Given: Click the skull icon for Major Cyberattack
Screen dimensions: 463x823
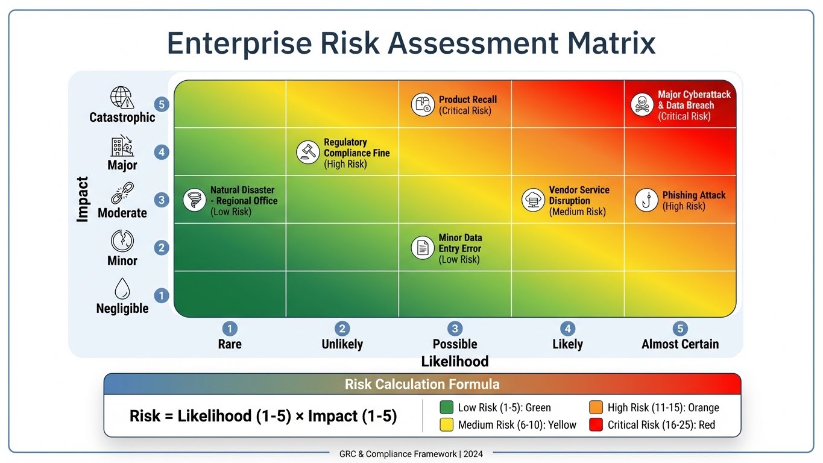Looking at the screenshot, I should [642, 104].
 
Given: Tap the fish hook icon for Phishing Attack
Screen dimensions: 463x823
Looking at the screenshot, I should [646, 200].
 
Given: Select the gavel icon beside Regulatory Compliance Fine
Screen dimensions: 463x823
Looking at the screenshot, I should [308, 153].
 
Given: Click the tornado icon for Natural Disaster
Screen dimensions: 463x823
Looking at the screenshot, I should [195, 200].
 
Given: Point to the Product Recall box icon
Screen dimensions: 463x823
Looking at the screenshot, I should [423, 104].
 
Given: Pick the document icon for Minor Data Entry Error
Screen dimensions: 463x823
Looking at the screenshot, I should [423, 248].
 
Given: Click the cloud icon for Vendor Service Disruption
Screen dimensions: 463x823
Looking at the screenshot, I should [533, 200].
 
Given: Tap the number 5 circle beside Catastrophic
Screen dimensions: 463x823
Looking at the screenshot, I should [161, 104].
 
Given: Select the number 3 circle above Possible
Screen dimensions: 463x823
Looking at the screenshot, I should [455, 329].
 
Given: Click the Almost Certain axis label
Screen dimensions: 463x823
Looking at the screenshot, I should [680, 344].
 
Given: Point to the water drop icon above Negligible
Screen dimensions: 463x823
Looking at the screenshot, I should [122, 289].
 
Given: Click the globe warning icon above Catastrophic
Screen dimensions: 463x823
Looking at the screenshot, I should [121, 98].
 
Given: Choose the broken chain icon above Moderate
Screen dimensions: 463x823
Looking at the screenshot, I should [122, 194].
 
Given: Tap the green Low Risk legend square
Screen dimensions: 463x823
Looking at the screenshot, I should [446, 408].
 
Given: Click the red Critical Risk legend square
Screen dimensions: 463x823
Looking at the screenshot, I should [596, 424].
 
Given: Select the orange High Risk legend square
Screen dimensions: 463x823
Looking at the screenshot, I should [596, 408].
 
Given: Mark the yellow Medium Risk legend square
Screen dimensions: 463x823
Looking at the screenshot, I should [446, 424].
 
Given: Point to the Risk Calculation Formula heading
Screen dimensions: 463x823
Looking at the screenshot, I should [422, 384].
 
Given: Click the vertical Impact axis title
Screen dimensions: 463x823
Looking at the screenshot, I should [83, 200].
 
